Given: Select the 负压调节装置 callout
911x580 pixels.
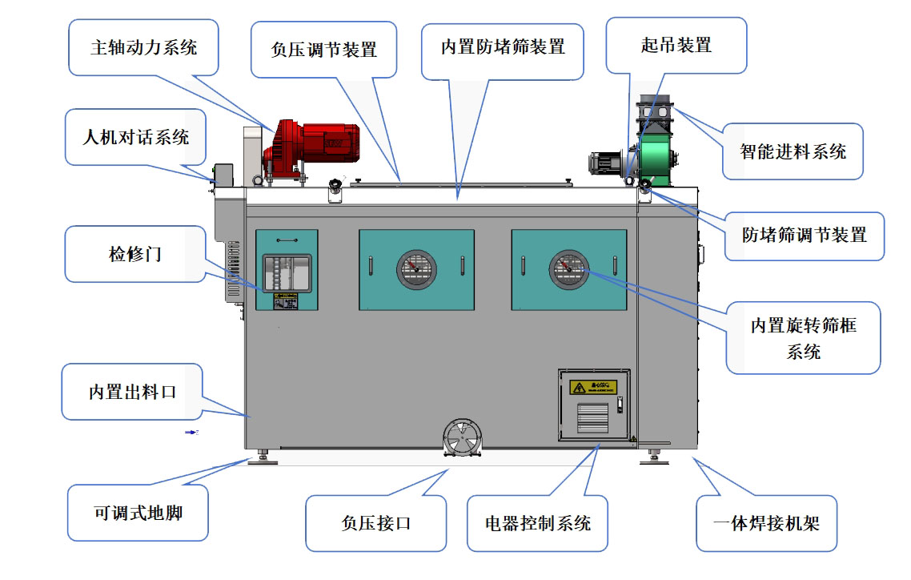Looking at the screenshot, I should (324, 49).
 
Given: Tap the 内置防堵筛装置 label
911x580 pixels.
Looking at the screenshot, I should (502, 47).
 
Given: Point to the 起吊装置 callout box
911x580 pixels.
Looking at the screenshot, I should (676, 46).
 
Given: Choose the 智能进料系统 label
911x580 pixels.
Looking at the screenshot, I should (793, 151).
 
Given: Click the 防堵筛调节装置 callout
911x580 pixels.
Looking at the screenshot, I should (804, 236).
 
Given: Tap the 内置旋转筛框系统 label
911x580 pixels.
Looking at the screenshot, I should (803, 337).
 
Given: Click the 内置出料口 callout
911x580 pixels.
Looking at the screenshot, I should (132, 392).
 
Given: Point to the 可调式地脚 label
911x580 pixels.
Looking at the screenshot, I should (138, 512).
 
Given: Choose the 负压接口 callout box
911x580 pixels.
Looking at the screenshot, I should (375, 523).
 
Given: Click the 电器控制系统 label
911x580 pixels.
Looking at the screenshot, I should (538, 523).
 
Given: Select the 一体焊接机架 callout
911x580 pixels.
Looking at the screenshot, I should (766, 524).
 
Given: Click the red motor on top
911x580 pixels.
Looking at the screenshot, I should (316, 144).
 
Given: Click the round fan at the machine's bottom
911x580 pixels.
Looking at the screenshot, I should (463, 438).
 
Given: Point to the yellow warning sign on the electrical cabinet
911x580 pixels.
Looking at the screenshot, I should (593, 388).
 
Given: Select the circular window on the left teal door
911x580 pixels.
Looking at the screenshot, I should (416, 270).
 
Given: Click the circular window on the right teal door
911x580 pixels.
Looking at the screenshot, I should (568, 270).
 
